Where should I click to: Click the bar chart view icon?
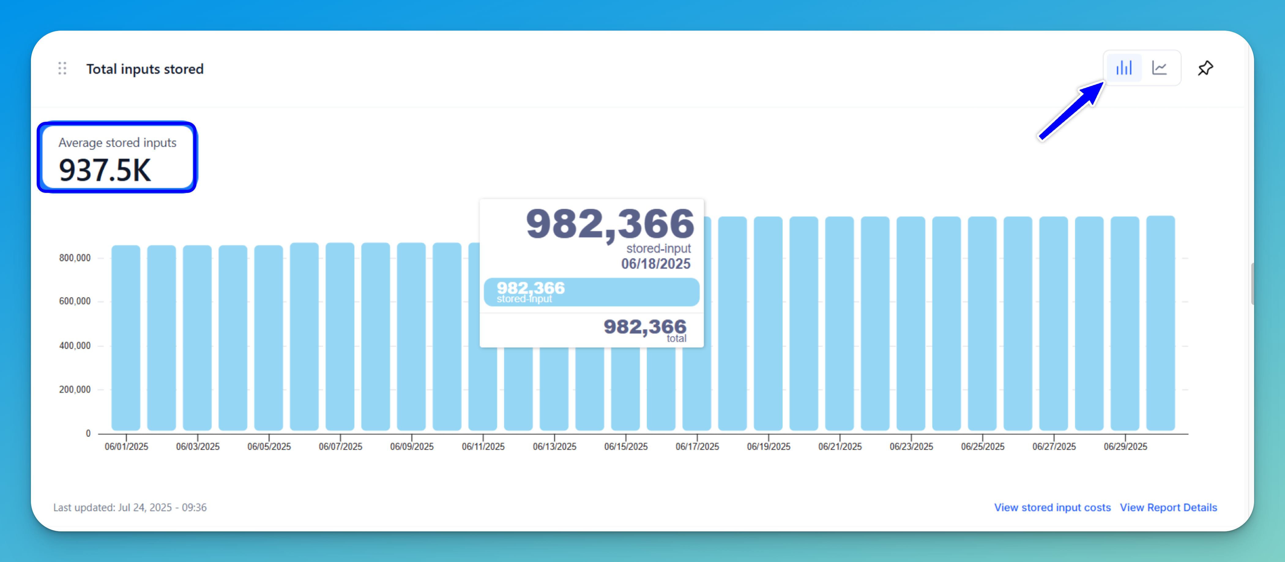pos(1124,68)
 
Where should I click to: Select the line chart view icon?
pos(1159,68)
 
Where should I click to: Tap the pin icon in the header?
pos(1205,68)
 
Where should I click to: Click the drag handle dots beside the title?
pos(62,68)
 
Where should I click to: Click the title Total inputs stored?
pos(145,69)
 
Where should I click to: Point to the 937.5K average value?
pos(105,170)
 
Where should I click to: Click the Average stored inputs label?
pos(117,143)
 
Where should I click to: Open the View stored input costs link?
pos(1052,507)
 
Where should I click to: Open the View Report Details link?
pos(1168,507)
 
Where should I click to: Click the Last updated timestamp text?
pos(130,507)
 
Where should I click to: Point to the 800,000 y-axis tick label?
pos(75,258)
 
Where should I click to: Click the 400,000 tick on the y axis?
pos(75,345)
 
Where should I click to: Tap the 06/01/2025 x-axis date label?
pos(126,446)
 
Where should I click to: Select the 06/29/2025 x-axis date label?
pos(1125,446)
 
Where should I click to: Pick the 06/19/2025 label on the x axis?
pos(768,446)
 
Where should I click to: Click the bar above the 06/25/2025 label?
pos(982,324)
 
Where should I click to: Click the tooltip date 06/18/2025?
pos(655,264)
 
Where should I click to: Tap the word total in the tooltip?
pos(676,339)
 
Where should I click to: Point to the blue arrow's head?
pos(1095,90)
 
